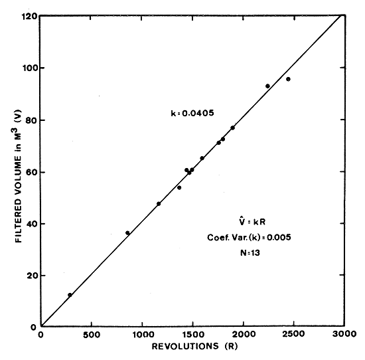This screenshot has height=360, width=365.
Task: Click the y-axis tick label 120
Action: click(29, 16)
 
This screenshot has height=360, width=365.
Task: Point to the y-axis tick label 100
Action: click(29, 68)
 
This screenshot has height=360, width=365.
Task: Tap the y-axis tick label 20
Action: click(31, 275)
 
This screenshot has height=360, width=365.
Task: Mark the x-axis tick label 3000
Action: click(344, 333)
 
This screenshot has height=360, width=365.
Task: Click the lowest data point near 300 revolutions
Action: click(70, 295)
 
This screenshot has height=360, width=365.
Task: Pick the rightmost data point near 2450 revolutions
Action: click(288, 79)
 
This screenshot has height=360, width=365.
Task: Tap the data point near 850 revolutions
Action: click(127, 233)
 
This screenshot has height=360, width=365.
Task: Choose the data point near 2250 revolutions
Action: click(267, 86)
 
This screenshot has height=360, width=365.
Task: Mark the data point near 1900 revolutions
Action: click(232, 128)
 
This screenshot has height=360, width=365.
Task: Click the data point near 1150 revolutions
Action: click(159, 204)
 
